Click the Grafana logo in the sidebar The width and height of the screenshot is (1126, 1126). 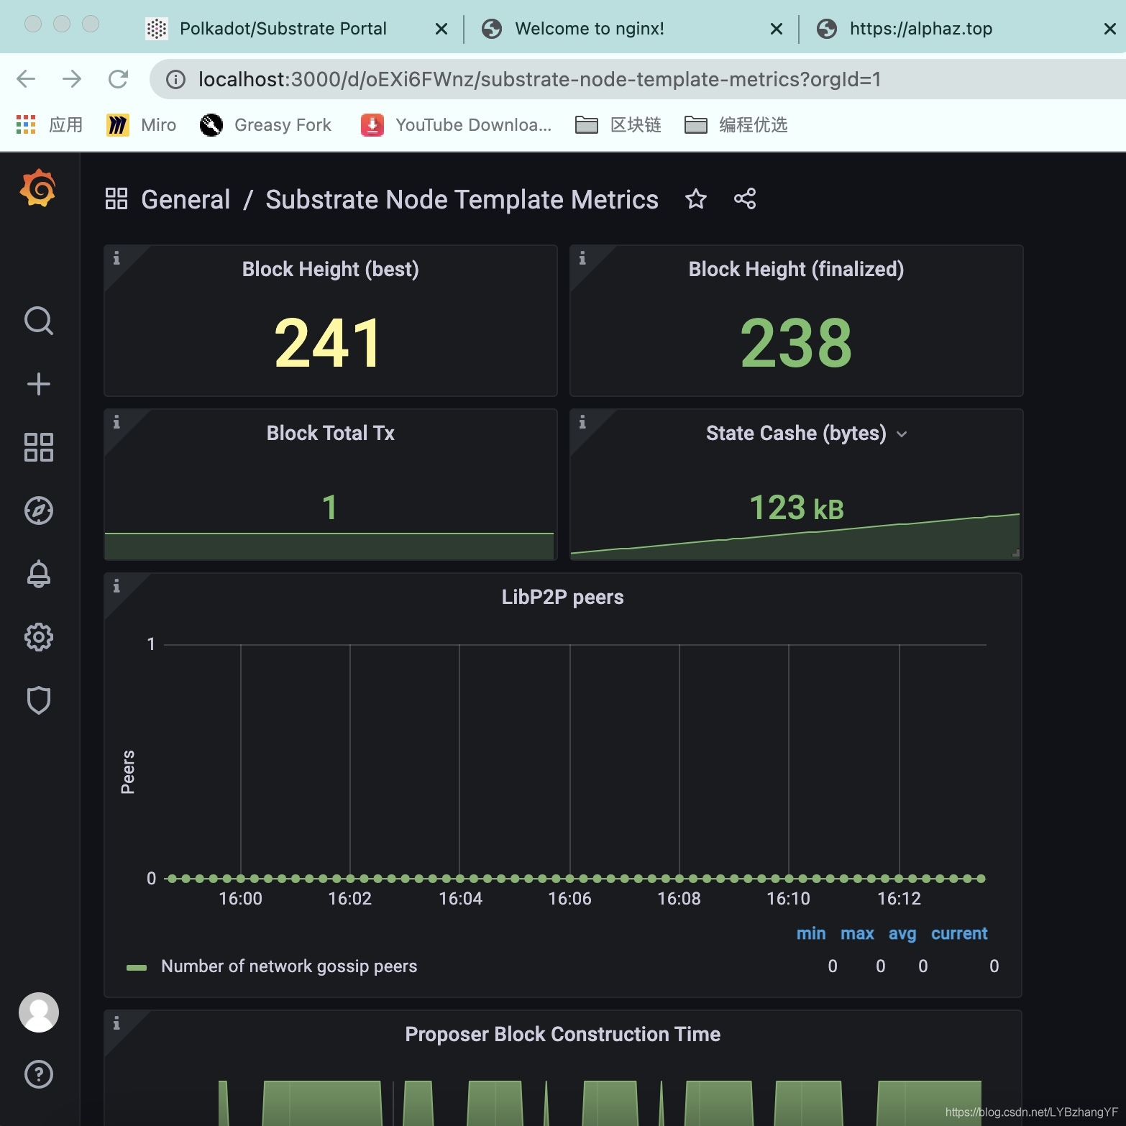coord(38,188)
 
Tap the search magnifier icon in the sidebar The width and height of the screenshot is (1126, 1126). coord(39,321)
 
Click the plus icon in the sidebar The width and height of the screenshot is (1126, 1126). coord(39,384)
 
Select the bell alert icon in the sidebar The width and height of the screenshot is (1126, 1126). coord(39,574)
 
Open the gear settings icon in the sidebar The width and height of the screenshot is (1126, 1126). coord(39,637)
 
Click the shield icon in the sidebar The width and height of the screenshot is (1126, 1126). coord(39,700)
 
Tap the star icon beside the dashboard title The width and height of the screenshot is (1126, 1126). coord(696,198)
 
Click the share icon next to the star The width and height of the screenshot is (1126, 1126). coord(745,198)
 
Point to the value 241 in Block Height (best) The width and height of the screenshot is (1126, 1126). coord(328,343)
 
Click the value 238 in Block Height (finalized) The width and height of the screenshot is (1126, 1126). coord(796,343)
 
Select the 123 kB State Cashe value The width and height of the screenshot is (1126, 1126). coord(797,508)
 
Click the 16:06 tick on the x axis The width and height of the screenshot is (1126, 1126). coord(569,899)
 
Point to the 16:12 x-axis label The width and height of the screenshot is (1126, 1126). coord(899,899)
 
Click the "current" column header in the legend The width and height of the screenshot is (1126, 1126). coord(959,933)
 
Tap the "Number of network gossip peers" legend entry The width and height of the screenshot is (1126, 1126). coord(289,966)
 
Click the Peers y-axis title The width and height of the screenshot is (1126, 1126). coord(128,772)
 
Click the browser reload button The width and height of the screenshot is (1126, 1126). coord(118,79)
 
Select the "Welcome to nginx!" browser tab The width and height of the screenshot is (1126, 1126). coord(590,29)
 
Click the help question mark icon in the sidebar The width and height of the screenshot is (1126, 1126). coord(39,1074)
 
